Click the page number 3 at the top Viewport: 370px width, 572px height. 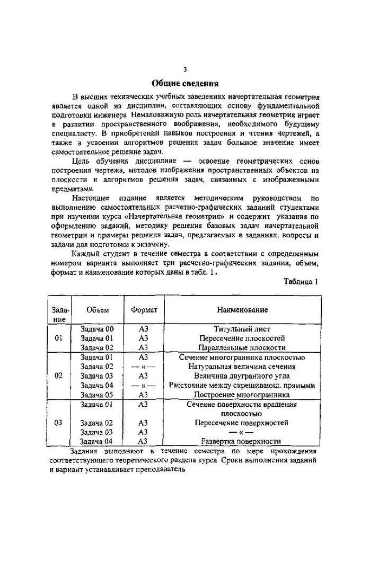click(x=185, y=69)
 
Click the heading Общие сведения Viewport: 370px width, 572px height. click(x=185, y=83)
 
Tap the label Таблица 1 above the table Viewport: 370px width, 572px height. click(x=301, y=282)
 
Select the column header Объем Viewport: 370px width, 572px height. click(x=97, y=310)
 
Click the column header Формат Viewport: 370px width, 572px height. click(x=144, y=310)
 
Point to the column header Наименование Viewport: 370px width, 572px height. click(x=242, y=310)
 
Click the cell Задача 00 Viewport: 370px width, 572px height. click(x=97, y=329)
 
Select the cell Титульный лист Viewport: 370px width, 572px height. click(x=242, y=329)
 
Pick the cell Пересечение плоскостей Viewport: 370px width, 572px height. click(x=242, y=338)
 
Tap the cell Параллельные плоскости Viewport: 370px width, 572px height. click(x=242, y=348)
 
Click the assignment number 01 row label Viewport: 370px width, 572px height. click(x=59, y=338)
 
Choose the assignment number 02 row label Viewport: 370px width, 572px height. click(x=59, y=376)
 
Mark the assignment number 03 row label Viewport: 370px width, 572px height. click(x=59, y=423)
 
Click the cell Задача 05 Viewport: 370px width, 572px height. click(x=97, y=395)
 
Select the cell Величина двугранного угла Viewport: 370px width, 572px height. click(x=242, y=376)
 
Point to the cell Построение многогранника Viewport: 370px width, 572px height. click(x=242, y=395)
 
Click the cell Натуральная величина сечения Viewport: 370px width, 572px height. click(x=242, y=367)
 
